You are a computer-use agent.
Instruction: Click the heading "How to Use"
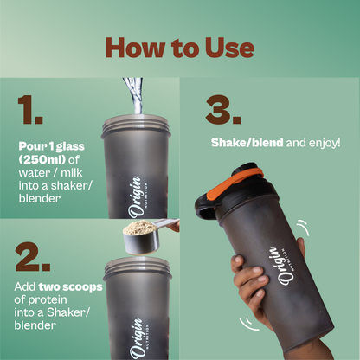(x=180, y=48)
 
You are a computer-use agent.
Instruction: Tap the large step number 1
(x=30, y=110)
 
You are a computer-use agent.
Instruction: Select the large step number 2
(x=33, y=257)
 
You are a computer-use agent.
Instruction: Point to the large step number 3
(x=223, y=110)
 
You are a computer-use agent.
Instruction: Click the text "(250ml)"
(x=42, y=159)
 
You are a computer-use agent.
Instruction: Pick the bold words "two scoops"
(x=71, y=287)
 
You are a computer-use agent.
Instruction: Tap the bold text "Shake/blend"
(x=247, y=143)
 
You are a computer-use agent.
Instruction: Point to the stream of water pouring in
(x=135, y=95)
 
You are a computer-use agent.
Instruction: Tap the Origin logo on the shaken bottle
(x=282, y=266)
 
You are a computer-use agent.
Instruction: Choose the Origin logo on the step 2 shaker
(x=138, y=338)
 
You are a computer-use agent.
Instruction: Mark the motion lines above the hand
(x=303, y=227)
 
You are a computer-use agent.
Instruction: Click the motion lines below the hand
(x=248, y=325)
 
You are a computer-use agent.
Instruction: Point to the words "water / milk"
(x=50, y=173)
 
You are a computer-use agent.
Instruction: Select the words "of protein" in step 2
(x=41, y=300)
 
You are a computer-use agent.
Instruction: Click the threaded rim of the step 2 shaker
(x=137, y=266)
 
